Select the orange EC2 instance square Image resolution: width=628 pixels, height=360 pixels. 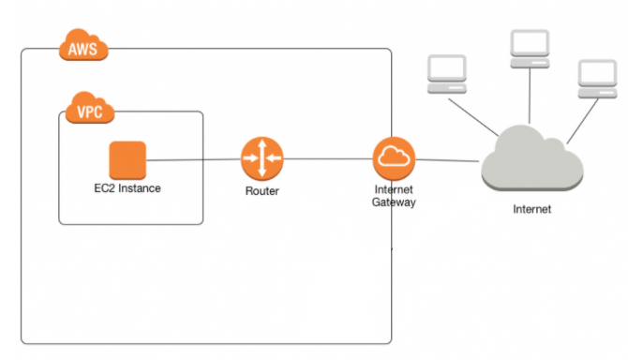pyautogui.click(x=127, y=159)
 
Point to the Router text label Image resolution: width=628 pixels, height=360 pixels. pyautogui.click(x=261, y=191)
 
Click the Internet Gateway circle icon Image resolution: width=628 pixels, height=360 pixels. pyautogui.click(x=394, y=158)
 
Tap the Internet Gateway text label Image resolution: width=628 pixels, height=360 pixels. pyautogui.click(x=394, y=196)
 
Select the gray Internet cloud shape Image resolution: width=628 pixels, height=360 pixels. pyautogui.click(x=531, y=162)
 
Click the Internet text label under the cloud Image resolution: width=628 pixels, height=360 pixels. pyautogui.click(x=531, y=209)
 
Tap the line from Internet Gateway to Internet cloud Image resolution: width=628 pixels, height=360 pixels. pyautogui.click(x=448, y=159)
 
